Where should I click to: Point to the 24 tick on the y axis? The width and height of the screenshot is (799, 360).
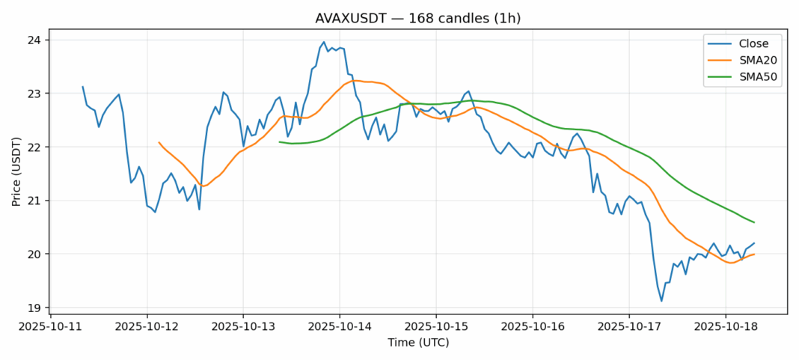(x=34, y=40)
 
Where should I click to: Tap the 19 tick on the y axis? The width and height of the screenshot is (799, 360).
(x=34, y=308)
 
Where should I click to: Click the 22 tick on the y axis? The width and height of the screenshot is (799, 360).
(x=34, y=147)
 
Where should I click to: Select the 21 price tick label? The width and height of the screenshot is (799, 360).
(x=34, y=201)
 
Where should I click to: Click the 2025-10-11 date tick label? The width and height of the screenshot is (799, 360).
(x=50, y=326)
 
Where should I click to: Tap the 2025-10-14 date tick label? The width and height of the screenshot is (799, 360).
(x=340, y=326)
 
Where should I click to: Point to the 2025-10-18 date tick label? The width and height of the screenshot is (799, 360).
(x=726, y=326)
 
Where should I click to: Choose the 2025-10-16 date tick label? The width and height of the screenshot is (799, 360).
(x=533, y=326)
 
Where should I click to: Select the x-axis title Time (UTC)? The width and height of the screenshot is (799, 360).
(x=418, y=342)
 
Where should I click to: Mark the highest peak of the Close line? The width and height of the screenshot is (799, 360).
(x=324, y=42)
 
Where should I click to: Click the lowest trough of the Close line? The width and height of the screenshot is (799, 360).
(x=661, y=301)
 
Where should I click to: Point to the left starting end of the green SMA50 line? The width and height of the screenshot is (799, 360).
(x=280, y=141)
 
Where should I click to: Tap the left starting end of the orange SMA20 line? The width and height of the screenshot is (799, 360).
(x=159, y=142)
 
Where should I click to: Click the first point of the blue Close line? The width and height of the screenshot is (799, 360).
(x=82, y=87)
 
